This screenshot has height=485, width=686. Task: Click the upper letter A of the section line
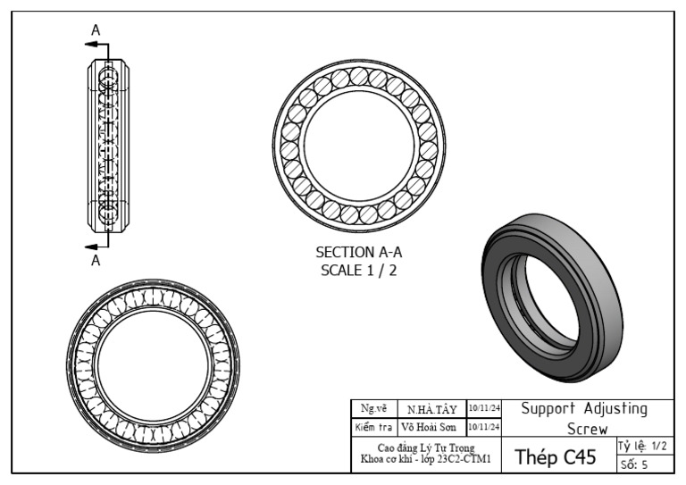tap(96, 29)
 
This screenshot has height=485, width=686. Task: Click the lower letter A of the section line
tap(96, 261)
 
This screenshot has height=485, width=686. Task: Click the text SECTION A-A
tap(358, 253)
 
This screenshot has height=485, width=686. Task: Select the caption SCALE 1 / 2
tap(358, 270)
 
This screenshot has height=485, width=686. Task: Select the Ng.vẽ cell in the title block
tap(373, 409)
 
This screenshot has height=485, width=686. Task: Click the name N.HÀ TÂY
tap(432, 410)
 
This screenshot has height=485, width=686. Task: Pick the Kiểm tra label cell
tap(373, 427)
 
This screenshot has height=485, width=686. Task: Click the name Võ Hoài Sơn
tap(432, 427)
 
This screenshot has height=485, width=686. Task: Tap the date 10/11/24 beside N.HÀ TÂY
tap(484, 409)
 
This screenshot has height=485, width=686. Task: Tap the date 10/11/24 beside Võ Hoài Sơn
tap(484, 427)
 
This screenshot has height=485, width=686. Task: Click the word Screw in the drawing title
tap(588, 429)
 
